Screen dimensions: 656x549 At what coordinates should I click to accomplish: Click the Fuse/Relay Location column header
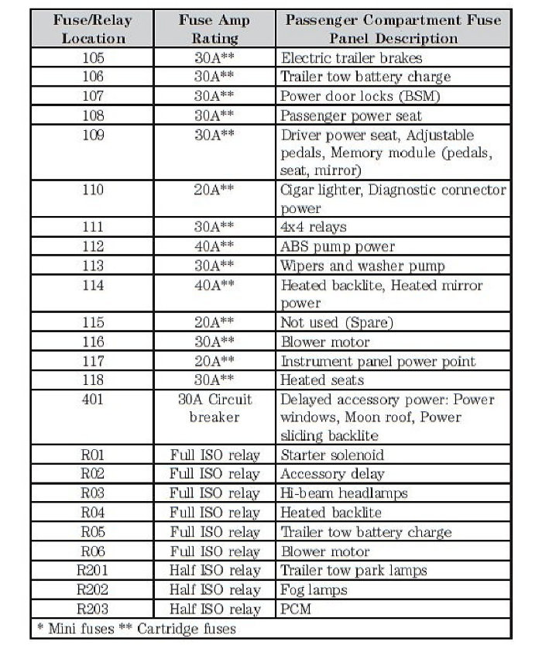pyautogui.click(x=93, y=29)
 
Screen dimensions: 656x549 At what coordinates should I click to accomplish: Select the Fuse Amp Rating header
pyautogui.click(x=214, y=29)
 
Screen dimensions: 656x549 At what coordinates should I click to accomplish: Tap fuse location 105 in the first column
pyautogui.click(x=93, y=58)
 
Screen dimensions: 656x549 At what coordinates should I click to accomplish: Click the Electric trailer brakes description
pyautogui.click(x=352, y=58)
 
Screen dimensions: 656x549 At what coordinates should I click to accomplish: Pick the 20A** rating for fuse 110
pyautogui.click(x=214, y=190)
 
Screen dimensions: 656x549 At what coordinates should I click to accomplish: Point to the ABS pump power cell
pyautogui.click(x=338, y=247)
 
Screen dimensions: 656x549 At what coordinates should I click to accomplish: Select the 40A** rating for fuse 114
pyautogui.click(x=214, y=285)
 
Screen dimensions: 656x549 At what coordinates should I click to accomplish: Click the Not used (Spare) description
pyautogui.click(x=337, y=323)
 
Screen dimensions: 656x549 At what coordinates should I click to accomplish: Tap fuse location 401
pyautogui.click(x=93, y=400)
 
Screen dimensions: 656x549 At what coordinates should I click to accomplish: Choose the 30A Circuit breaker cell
pyautogui.click(x=214, y=408)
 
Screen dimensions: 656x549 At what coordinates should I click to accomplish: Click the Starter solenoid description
pyautogui.click(x=332, y=455)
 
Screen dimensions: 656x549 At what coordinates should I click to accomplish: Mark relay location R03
pyautogui.click(x=93, y=493)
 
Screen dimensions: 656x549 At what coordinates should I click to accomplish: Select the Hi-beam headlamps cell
pyautogui.click(x=344, y=493)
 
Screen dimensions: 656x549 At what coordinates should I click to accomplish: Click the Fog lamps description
pyautogui.click(x=314, y=590)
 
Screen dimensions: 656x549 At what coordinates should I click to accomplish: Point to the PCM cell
pyautogui.click(x=296, y=609)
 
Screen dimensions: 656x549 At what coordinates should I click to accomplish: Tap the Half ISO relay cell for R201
pyautogui.click(x=214, y=571)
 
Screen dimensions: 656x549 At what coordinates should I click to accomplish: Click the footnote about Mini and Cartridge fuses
pyautogui.click(x=136, y=628)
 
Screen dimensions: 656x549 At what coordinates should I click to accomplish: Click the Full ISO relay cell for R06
pyautogui.click(x=214, y=551)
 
